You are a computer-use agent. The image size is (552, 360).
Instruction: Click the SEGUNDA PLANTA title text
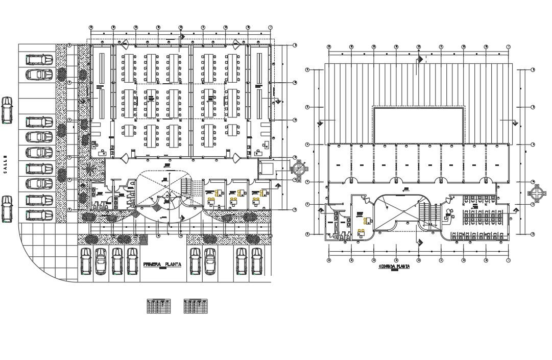coord(394,267)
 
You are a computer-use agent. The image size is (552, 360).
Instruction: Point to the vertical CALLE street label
coord(6,164)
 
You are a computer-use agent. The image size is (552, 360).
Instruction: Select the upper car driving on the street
coord(7,110)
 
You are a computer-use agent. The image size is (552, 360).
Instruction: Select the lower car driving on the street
coord(7,209)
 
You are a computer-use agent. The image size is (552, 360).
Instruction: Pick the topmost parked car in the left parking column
coord(39,60)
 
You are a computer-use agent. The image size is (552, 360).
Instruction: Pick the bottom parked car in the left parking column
coord(39,214)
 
